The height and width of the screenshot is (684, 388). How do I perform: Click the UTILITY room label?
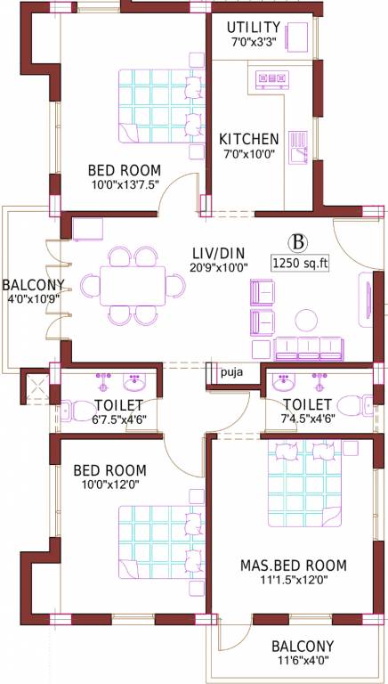(253, 27)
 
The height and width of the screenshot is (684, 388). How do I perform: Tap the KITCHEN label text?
(249, 140)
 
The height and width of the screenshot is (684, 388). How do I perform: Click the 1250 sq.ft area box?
(301, 264)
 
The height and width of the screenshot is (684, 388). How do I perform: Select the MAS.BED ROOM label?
(293, 565)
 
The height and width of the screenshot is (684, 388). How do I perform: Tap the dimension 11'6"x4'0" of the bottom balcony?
(303, 662)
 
